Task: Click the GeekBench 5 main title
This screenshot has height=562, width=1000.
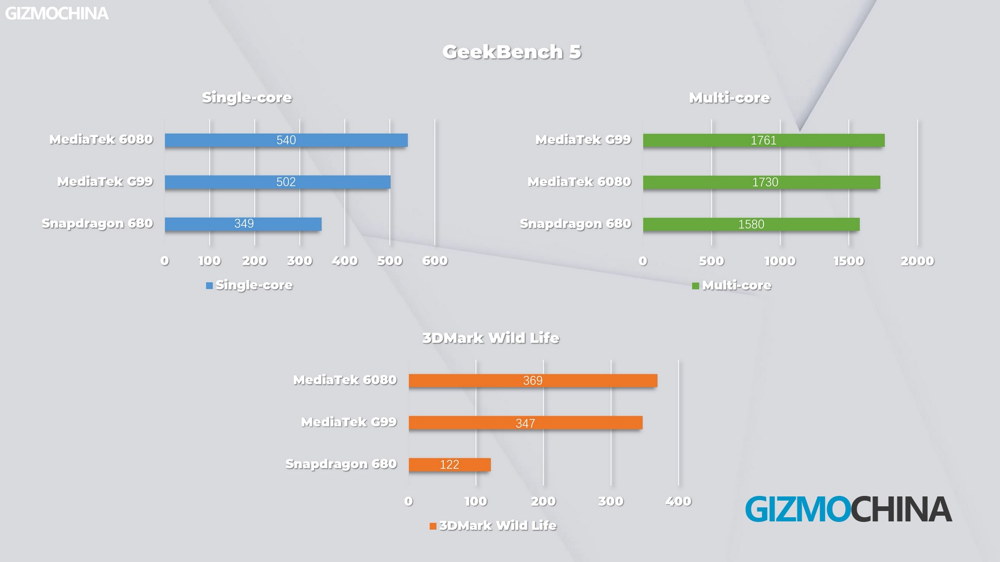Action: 511,52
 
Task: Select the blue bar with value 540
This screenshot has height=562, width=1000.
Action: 286,140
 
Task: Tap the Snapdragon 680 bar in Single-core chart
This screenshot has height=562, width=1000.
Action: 243,224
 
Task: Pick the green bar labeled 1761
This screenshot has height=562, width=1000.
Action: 764,140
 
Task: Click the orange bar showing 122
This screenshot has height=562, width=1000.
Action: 449,464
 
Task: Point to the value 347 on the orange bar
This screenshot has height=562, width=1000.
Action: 525,423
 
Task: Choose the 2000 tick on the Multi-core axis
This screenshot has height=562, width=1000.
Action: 917,261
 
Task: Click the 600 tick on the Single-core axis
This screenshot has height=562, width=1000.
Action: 435,261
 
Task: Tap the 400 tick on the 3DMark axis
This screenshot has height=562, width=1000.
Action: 678,501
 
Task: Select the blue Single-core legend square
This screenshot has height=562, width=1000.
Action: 209,285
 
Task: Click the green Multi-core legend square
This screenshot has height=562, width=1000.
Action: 695,286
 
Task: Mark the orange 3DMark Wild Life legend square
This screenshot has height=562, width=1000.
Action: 433,526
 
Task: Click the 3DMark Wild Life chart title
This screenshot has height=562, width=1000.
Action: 491,338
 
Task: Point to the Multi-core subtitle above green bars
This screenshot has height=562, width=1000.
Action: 729,97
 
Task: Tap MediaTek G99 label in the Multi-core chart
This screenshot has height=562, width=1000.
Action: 583,139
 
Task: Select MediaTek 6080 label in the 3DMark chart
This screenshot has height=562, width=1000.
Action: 345,380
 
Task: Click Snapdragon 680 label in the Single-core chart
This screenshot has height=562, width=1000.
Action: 97,223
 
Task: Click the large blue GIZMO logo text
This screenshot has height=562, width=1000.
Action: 797,509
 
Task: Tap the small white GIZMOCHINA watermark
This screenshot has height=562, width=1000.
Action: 57,14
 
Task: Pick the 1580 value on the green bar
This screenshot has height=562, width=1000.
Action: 751,224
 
